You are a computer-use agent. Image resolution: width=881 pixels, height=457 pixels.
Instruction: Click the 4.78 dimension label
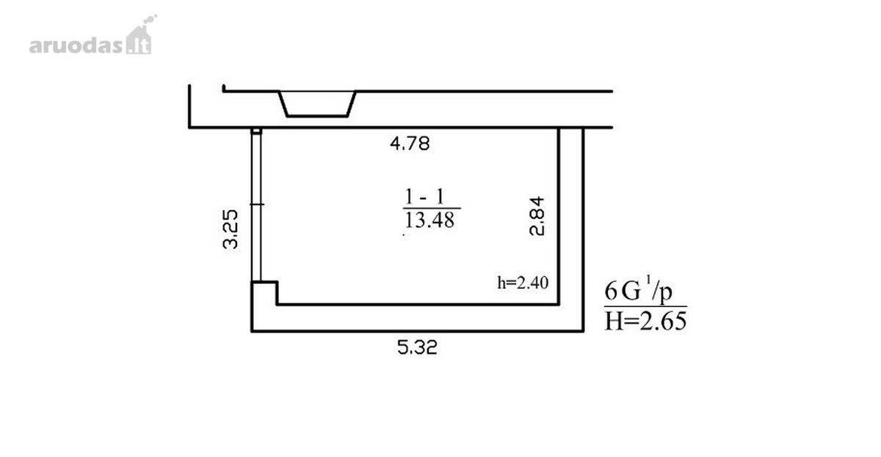click(x=410, y=144)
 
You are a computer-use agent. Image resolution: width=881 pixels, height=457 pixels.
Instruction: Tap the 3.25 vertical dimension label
click(x=231, y=228)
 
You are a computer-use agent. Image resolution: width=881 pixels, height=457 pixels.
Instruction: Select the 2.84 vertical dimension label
click(x=537, y=216)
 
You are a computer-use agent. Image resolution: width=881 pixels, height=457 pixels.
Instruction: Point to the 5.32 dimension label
click(x=417, y=348)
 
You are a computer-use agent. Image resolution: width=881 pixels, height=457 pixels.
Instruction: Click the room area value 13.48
click(x=429, y=220)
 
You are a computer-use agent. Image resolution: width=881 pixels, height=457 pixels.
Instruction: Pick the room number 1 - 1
click(x=424, y=196)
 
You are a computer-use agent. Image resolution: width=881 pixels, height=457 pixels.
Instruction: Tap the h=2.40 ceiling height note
click(x=523, y=283)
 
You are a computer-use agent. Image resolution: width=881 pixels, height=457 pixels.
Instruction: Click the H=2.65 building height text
click(x=645, y=321)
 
